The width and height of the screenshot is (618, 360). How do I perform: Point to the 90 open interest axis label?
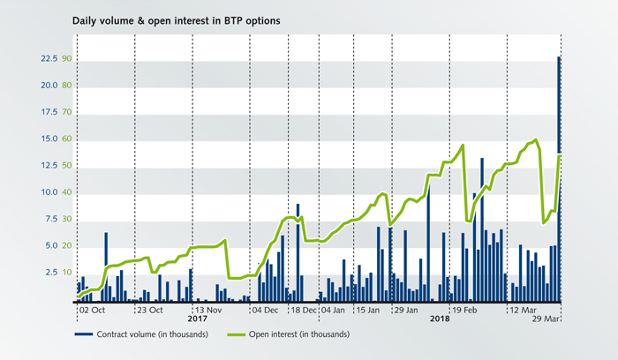[66, 58]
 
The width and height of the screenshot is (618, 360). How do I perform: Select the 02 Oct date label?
[94, 311]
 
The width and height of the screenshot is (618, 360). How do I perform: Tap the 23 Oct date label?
[148, 311]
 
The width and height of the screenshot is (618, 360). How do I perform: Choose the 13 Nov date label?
[208, 311]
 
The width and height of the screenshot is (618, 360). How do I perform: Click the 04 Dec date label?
[265, 311]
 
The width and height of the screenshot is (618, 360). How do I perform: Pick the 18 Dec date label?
[304, 311]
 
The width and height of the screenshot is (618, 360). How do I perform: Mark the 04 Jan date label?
[333, 311]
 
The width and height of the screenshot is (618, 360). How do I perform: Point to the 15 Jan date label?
[367, 311]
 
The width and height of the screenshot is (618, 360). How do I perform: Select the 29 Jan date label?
[406, 311]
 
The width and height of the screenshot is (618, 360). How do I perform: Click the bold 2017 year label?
[197, 320]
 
